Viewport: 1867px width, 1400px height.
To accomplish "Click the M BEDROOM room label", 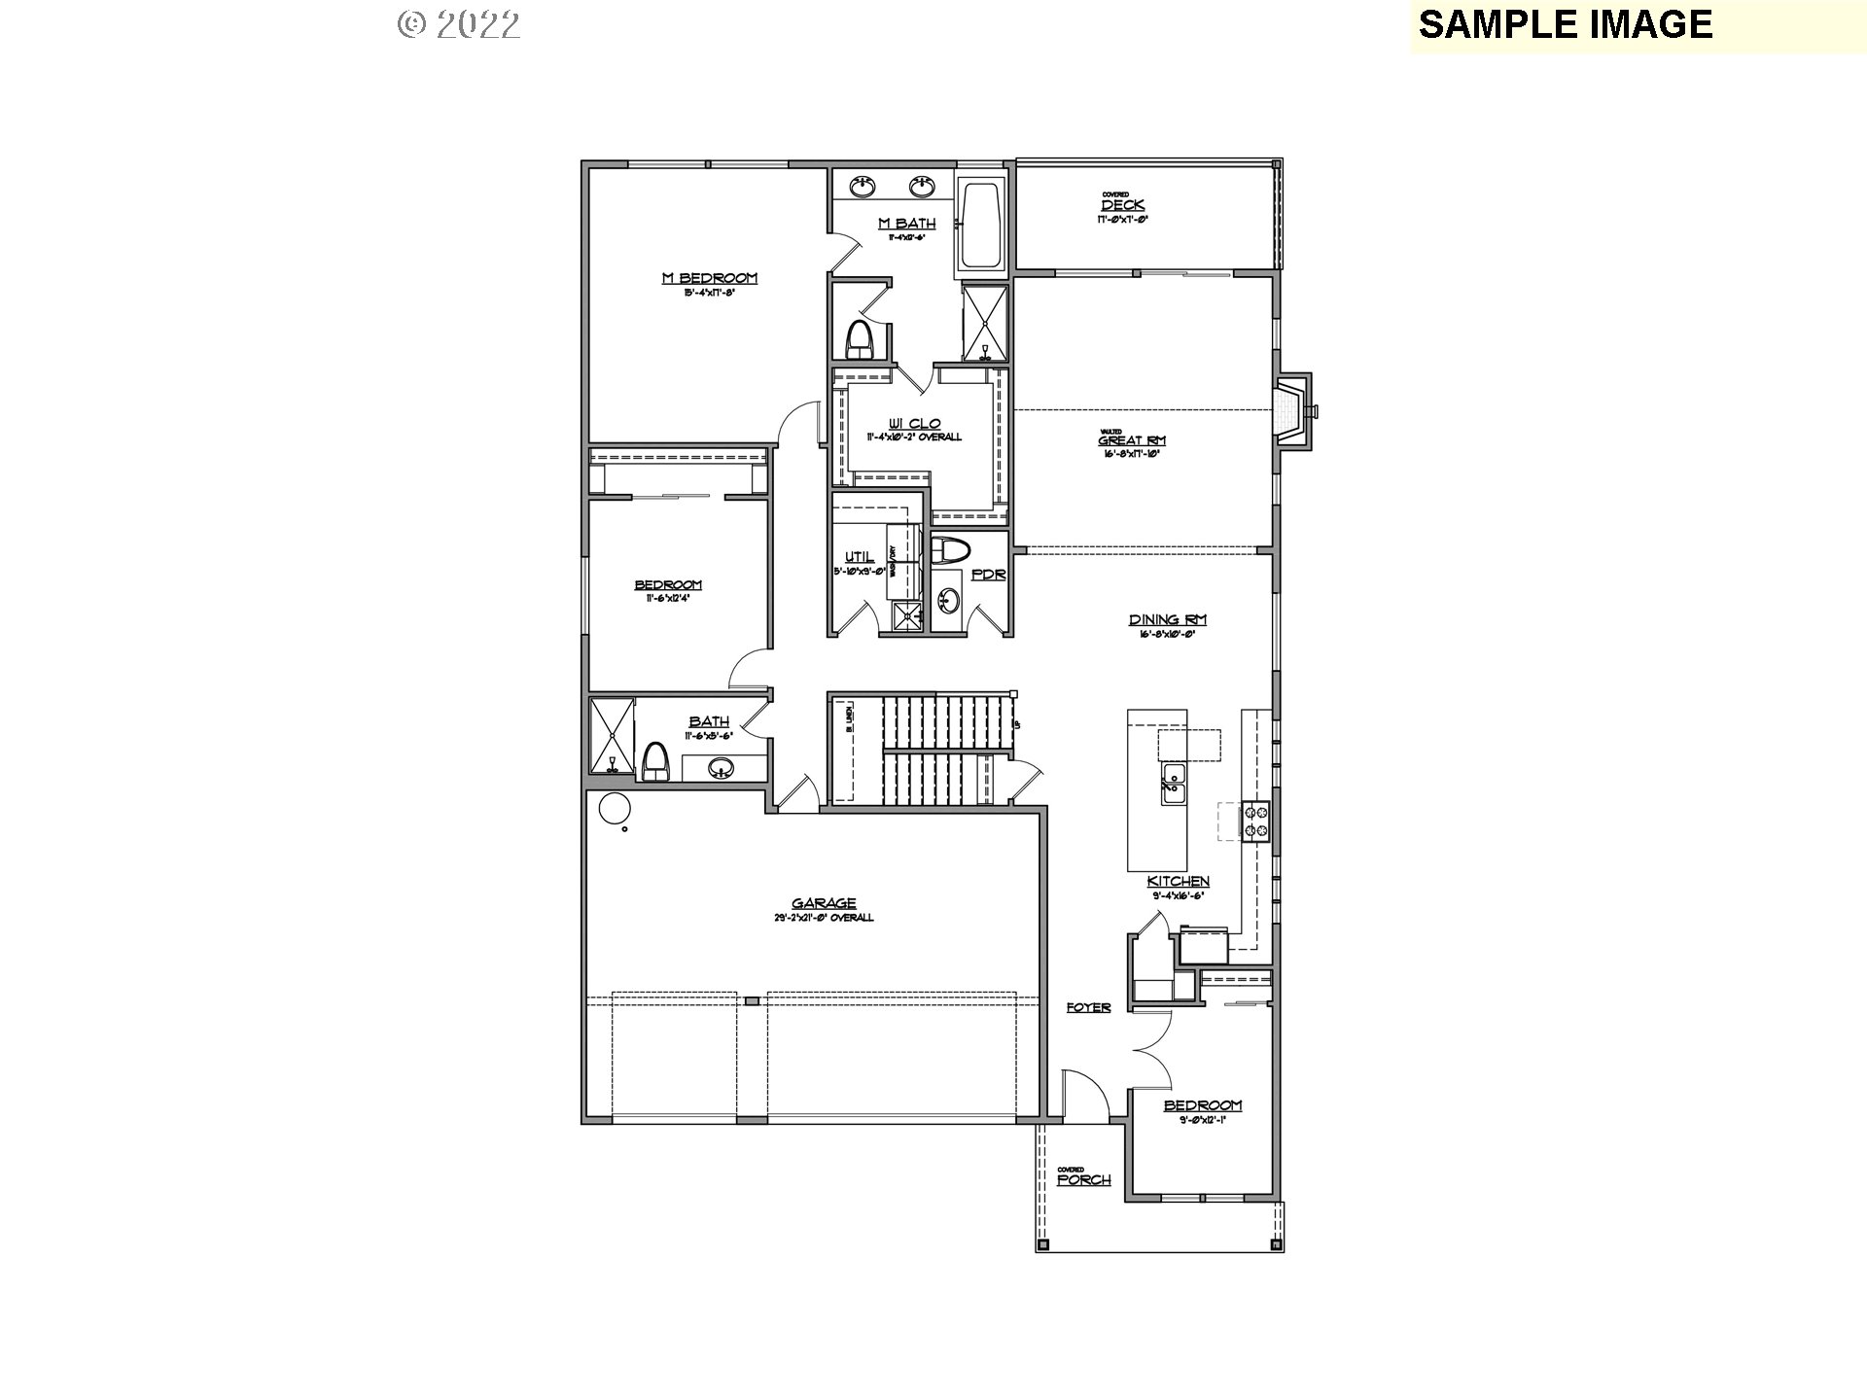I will pos(709,278).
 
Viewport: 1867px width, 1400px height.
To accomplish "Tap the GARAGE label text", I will pos(823,903).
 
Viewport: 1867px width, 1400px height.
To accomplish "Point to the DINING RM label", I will pos(1167,619).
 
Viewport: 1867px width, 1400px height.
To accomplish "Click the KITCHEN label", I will pos(1178,881).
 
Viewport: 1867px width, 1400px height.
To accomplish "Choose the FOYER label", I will pos(1088,1007).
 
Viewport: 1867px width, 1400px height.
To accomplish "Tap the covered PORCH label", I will pos(1083,1179).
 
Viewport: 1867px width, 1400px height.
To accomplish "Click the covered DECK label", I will pos(1122,205).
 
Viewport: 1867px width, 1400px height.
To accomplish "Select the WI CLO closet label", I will pos(914,424).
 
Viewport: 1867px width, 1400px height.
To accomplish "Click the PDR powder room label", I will pos(988,575).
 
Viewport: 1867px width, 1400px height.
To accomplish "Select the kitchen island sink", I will pos(1173,783).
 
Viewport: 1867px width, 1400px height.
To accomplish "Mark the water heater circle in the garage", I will pos(614,809).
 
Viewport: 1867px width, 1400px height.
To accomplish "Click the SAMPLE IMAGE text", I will pos(1565,24).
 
